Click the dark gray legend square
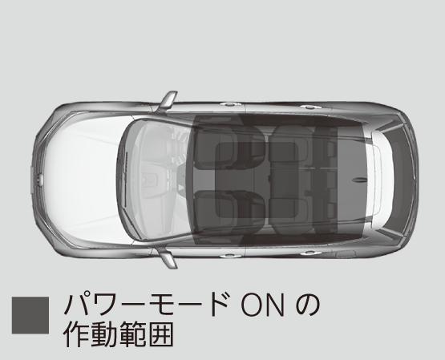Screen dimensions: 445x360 tap(30, 315)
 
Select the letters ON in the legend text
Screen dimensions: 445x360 tap(262, 305)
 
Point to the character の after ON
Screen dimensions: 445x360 tap(307, 305)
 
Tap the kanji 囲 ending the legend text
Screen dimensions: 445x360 tap(160, 334)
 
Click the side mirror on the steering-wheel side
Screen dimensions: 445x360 tap(168, 101)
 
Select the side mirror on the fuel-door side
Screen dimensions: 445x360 tap(168, 258)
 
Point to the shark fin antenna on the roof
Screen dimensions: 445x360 tap(360, 180)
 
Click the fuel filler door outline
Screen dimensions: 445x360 tap(345, 253)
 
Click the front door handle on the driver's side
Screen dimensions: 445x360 tap(229, 104)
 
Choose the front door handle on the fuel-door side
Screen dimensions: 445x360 tap(229, 256)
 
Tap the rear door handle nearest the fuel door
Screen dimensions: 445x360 tap(309, 253)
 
